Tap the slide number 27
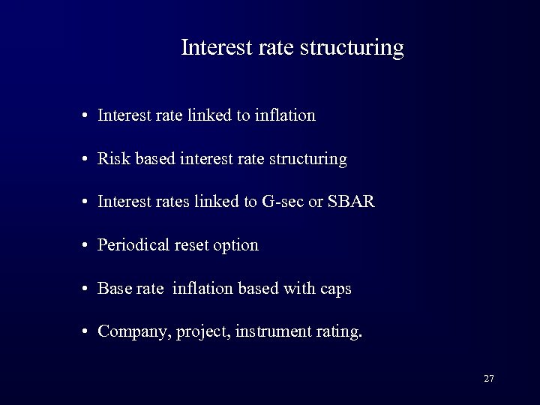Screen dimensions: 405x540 coord(489,379)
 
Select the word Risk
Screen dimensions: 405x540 coord(112,159)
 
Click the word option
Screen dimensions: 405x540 coord(236,246)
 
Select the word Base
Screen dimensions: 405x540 coord(113,289)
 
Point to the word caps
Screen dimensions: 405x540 coord(334,289)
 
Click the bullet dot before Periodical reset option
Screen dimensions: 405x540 coord(87,246)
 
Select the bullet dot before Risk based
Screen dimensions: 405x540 coord(87,160)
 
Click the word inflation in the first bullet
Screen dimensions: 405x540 coord(286,115)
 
